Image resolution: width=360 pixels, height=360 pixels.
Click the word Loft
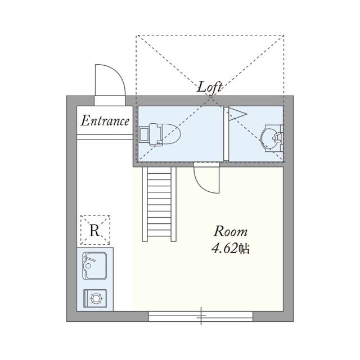[210, 88]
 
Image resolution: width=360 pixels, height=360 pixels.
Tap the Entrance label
[105, 121]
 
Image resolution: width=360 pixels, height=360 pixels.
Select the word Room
[231, 231]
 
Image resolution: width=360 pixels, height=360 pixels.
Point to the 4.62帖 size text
[230, 249]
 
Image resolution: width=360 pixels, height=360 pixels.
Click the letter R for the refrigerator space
[94, 230]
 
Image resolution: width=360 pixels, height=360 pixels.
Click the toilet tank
[145, 134]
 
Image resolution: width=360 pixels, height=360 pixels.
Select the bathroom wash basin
[272, 138]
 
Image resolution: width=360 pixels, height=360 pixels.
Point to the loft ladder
[159, 204]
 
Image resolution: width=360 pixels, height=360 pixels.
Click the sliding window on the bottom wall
[201, 316]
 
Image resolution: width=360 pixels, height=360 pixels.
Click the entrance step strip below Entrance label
[105, 137]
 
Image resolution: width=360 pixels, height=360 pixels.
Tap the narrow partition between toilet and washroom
[226, 134]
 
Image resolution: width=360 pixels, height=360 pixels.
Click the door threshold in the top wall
[110, 101]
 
